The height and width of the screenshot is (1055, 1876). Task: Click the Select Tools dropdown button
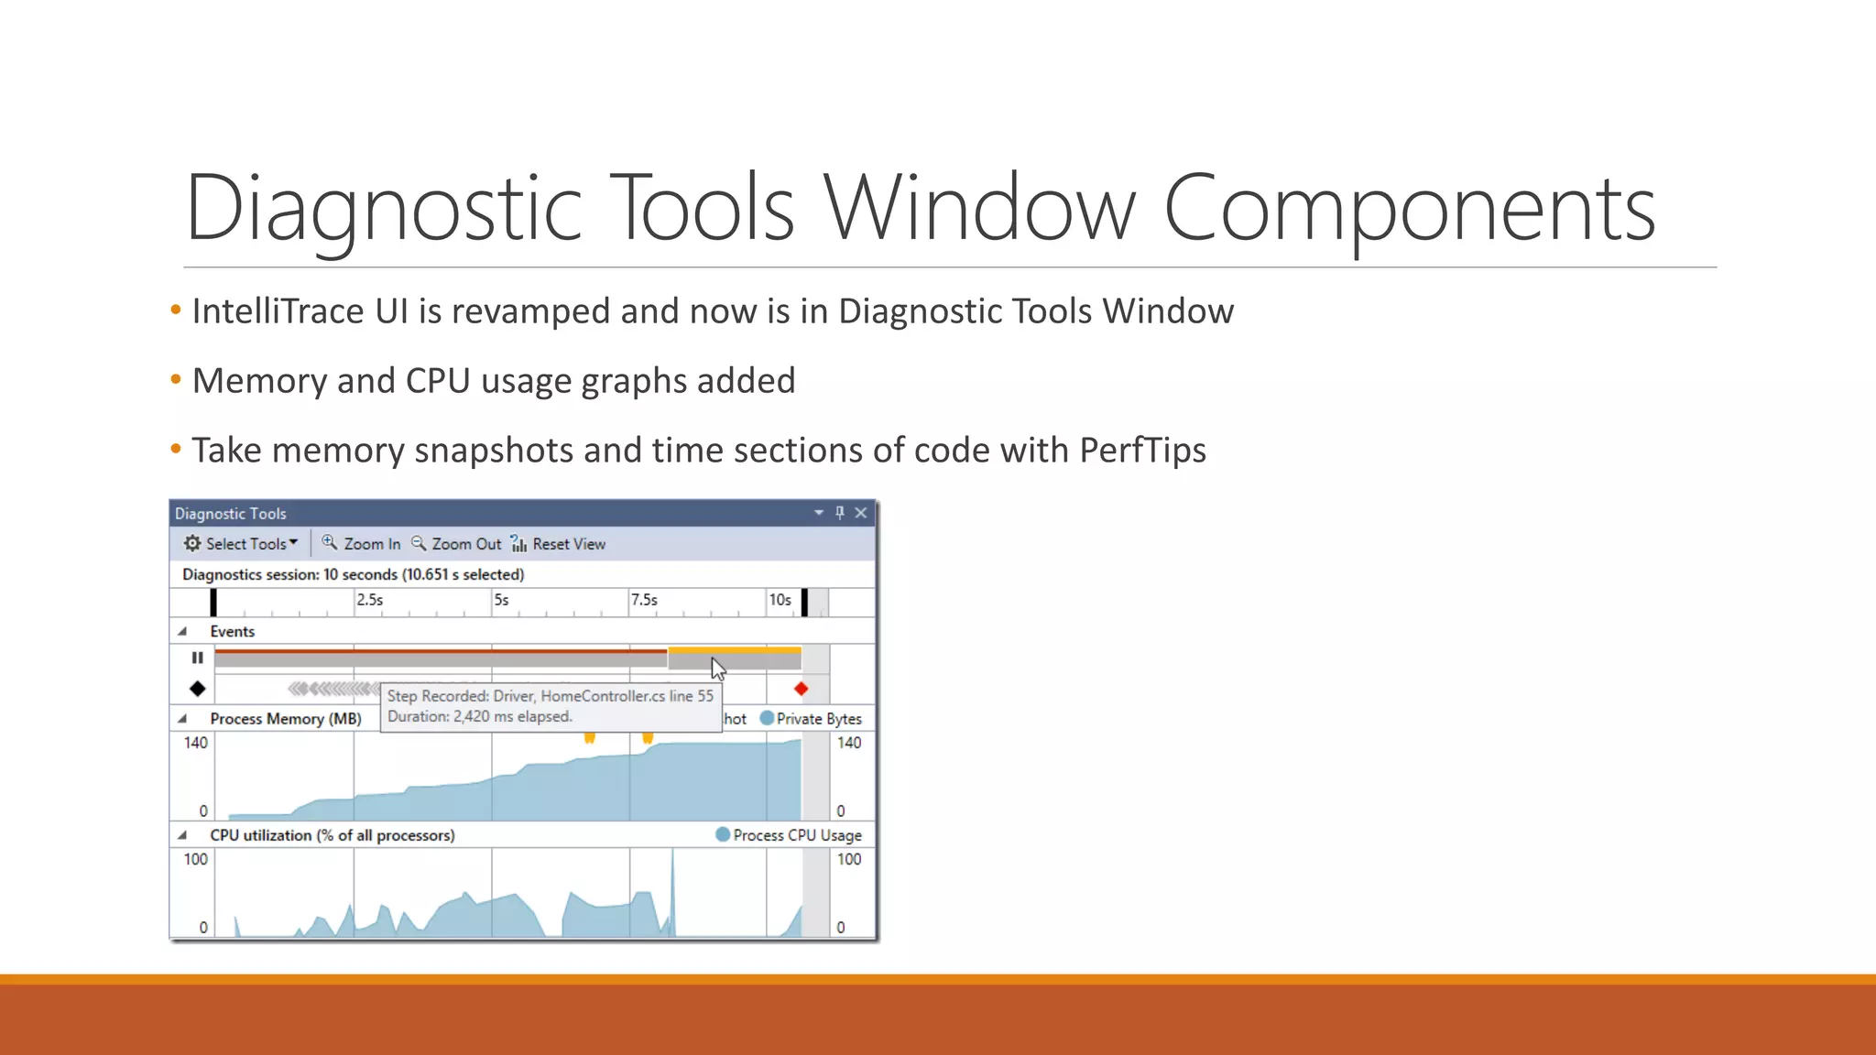pos(241,544)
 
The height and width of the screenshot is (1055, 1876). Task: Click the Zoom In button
pos(361,544)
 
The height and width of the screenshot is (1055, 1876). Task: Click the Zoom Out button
pos(456,544)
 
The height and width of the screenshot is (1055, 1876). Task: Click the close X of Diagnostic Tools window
pos(861,513)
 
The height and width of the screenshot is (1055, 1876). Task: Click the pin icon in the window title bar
pos(840,513)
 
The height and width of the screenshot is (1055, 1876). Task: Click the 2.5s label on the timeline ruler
pos(370,600)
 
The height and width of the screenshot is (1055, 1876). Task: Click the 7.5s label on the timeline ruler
pos(644,600)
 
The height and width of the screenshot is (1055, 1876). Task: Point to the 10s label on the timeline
pos(780,600)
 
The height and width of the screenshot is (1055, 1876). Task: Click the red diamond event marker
pos(802,689)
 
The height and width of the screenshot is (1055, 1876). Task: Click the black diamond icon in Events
pos(197,689)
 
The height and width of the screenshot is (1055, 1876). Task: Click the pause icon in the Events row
pos(197,658)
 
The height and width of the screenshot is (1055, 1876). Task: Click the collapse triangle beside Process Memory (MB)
pos(182,719)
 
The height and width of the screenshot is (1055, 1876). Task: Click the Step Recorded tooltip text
pos(550,706)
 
